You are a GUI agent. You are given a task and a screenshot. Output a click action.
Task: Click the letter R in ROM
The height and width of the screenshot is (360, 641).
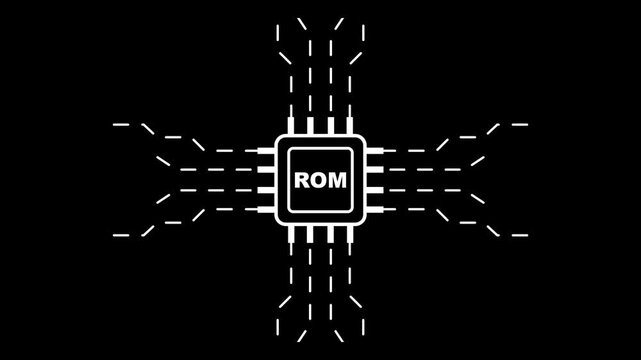pyautogui.click(x=301, y=181)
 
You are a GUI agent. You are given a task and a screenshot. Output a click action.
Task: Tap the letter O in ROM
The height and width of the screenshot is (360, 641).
pyautogui.click(x=319, y=181)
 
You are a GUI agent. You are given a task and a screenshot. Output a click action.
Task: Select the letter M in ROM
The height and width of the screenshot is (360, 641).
pyautogui.click(x=339, y=181)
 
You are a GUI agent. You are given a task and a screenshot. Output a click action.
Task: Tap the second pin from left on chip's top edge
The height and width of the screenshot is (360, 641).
pyautogui.click(x=310, y=127)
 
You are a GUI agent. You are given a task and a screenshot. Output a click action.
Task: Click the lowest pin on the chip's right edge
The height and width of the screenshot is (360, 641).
pyautogui.click(x=374, y=209)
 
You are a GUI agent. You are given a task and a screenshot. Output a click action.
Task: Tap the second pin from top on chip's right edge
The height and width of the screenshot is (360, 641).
pyautogui.click(x=374, y=171)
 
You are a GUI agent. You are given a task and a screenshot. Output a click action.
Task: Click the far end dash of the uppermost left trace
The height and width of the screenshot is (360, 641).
pyautogui.click(x=122, y=125)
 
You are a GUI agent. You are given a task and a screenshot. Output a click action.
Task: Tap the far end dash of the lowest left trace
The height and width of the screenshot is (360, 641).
pyautogui.click(x=122, y=235)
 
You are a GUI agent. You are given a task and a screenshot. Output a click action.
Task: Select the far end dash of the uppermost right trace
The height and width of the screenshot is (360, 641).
pyautogui.click(x=519, y=125)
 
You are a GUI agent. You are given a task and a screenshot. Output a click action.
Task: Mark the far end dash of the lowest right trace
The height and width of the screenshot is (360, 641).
pyautogui.click(x=519, y=235)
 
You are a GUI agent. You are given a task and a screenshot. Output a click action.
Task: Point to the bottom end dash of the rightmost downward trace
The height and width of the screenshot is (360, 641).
pyautogui.click(x=362, y=331)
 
